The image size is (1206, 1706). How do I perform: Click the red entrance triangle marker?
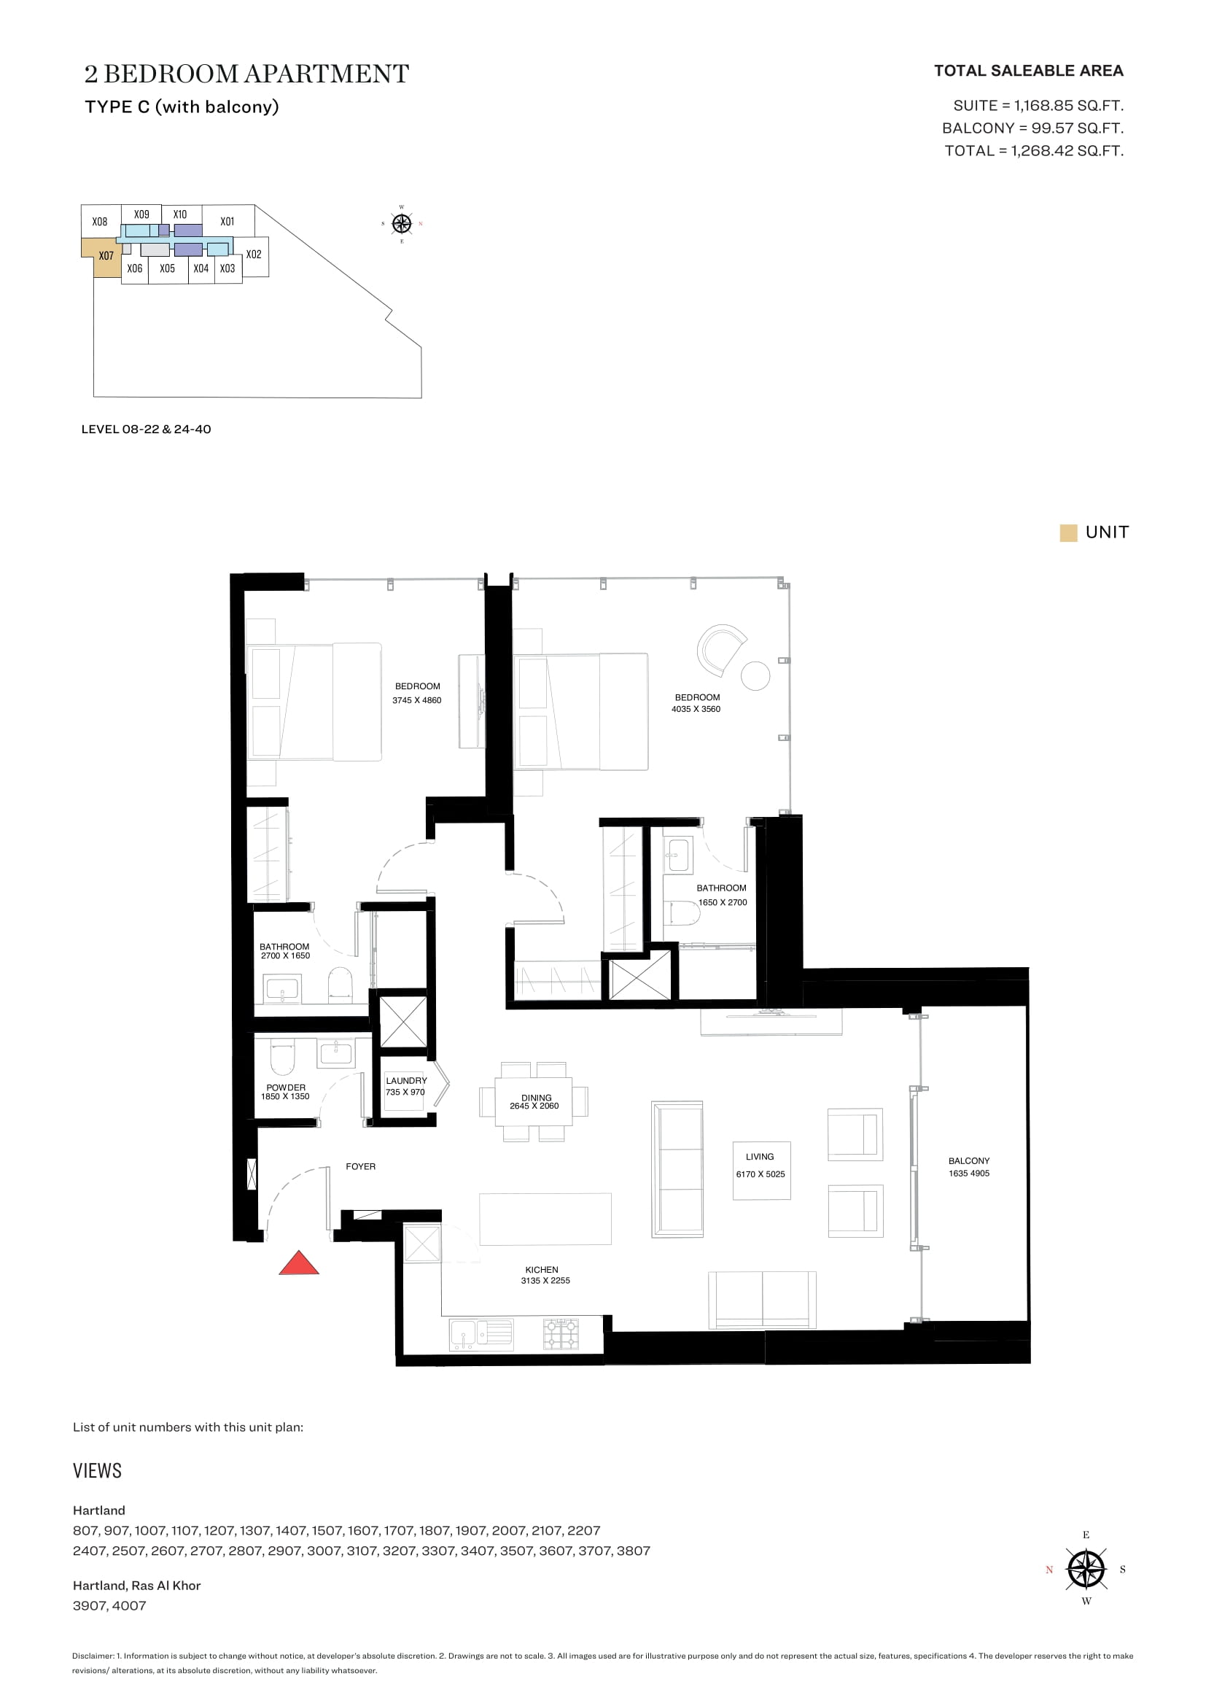point(299,1264)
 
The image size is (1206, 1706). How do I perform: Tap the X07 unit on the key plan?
point(104,257)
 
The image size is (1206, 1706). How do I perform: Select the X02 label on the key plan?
point(254,254)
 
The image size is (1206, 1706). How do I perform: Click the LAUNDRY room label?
point(406,1080)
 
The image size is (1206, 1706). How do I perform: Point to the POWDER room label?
point(286,1087)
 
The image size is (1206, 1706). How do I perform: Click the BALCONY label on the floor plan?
point(969,1160)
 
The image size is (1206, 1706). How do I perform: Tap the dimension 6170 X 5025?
point(760,1174)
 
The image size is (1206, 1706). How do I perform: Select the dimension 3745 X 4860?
point(417,700)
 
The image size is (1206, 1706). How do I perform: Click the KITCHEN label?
point(541,1270)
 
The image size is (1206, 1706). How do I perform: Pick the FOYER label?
point(361,1166)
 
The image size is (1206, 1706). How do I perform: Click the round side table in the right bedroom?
point(755,675)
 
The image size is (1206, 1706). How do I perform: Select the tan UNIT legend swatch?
point(1069,532)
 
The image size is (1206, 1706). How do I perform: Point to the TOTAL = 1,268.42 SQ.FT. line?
point(1034,151)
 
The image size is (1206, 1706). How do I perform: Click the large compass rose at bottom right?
point(1086,1570)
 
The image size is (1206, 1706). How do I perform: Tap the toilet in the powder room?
point(282,1057)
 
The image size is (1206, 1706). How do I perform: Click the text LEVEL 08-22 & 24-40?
point(147,429)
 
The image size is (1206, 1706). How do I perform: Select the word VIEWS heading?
point(97,1470)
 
